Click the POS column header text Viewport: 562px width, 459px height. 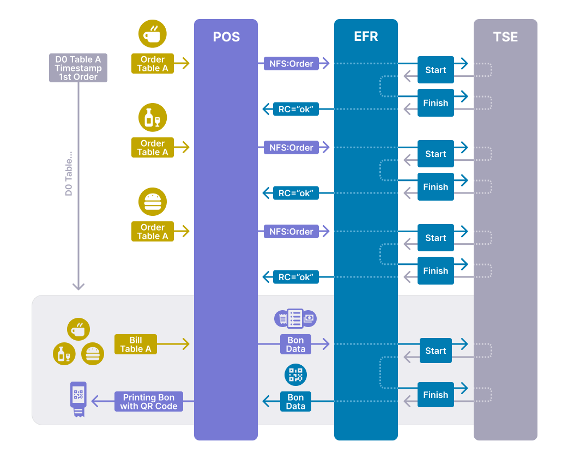(226, 37)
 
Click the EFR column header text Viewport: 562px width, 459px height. (366, 37)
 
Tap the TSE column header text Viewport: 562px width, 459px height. (505, 37)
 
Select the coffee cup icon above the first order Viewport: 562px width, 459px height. (153, 34)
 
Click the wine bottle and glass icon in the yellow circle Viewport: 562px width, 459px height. (153, 118)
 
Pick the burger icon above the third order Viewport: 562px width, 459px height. (153, 202)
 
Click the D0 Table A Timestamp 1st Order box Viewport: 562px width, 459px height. (78, 68)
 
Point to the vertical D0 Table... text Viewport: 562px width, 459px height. (69, 174)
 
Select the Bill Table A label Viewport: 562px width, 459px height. (136, 345)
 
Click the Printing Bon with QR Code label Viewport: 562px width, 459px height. (149, 402)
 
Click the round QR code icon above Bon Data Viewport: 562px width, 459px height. (295, 375)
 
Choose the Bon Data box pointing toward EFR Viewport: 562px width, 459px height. (295, 345)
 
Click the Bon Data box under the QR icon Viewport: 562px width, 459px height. (295, 402)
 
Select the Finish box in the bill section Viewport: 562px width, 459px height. (436, 395)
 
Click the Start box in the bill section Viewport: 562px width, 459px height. (436, 351)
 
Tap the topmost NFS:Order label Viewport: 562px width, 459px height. (291, 64)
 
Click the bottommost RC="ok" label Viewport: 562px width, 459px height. (296, 277)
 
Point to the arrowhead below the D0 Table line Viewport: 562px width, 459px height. (78, 286)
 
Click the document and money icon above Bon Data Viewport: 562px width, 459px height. (295, 318)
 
